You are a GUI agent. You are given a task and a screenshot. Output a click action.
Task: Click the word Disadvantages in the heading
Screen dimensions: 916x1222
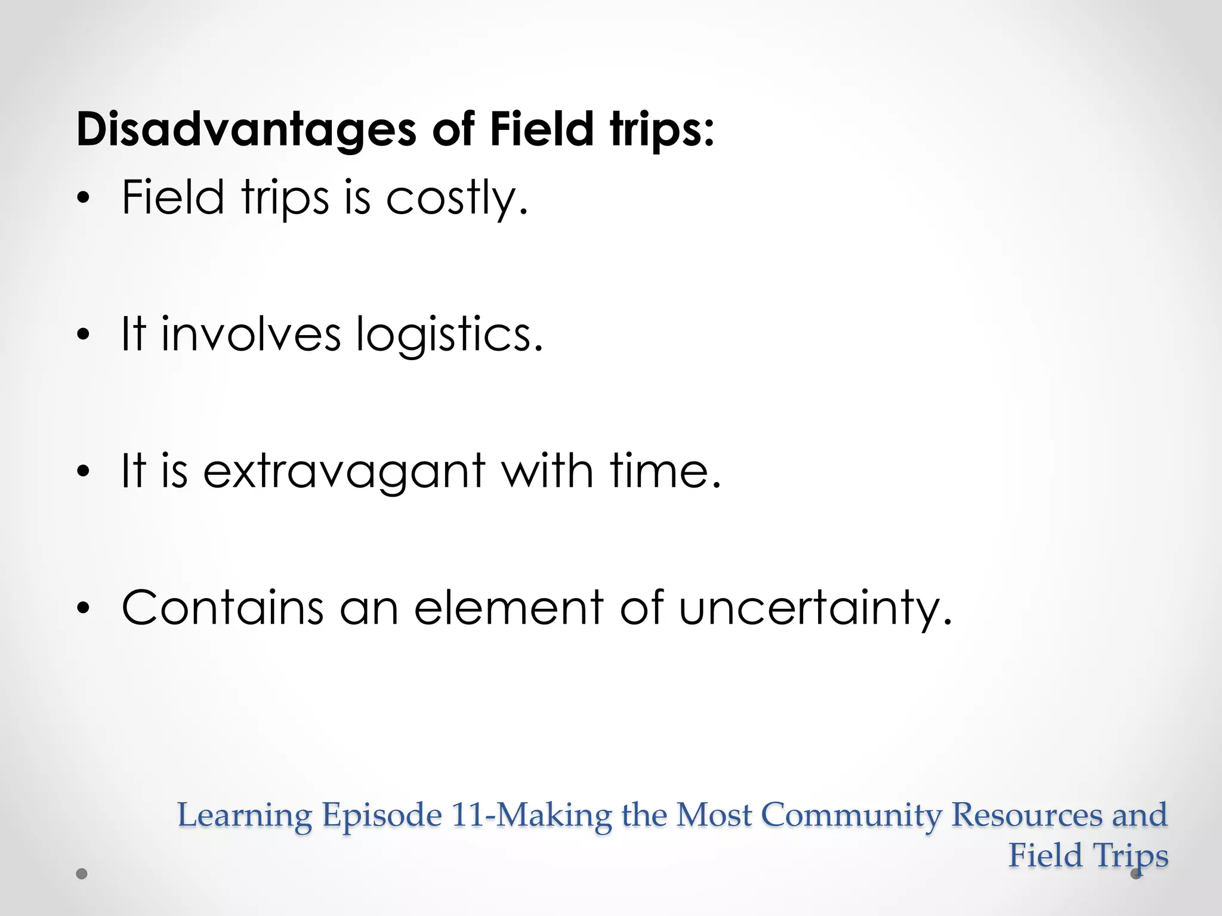pyautogui.click(x=245, y=129)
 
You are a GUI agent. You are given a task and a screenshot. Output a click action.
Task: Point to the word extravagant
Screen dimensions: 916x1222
pyautogui.click(x=344, y=471)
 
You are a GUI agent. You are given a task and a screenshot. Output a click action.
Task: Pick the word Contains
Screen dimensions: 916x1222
pyautogui.click(x=223, y=608)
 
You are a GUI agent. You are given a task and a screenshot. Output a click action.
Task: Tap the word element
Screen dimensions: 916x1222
pyautogui.click(x=508, y=608)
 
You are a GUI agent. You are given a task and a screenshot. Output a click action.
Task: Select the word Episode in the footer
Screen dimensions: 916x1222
pyautogui.click(x=382, y=816)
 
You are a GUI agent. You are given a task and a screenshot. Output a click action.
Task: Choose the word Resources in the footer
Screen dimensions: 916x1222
pyautogui.click(x=1026, y=815)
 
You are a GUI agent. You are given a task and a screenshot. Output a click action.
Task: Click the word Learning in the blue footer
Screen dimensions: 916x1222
pyautogui.click(x=245, y=816)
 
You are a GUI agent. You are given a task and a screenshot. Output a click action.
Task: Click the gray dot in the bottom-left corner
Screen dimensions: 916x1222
pyautogui.click(x=82, y=874)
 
